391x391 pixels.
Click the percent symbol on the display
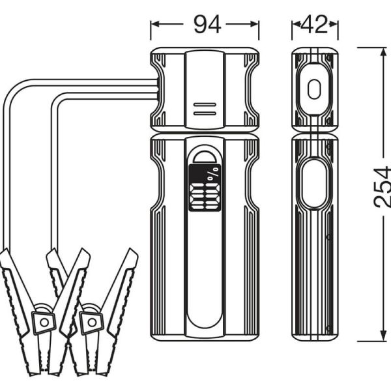pos(213,174)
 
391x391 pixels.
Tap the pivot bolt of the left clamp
pos(44,321)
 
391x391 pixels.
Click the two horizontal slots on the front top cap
pos(205,108)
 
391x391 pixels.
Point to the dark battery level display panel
pos(205,187)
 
